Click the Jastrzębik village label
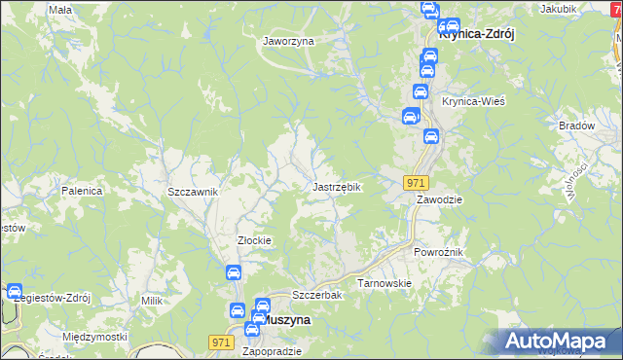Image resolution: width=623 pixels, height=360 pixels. click(x=337, y=186)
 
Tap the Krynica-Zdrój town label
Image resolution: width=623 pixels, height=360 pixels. click(x=477, y=32)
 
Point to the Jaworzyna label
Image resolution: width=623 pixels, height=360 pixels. click(x=288, y=42)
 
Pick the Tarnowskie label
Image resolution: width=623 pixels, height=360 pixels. click(x=385, y=283)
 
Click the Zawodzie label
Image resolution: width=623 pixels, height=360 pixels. click(x=439, y=199)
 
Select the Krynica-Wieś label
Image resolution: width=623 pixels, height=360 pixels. click(x=473, y=102)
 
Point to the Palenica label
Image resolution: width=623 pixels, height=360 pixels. click(x=82, y=191)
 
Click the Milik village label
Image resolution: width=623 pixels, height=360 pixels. click(x=151, y=302)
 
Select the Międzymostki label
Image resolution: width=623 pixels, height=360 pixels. click(x=94, y=337)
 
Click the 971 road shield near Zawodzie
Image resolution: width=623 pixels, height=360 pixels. click(x=417, y=183)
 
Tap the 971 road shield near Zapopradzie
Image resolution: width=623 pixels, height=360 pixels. click(x=221, y=342)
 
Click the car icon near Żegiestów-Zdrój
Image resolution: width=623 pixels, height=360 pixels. click(x=15, y=291)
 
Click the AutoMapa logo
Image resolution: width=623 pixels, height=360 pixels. click(x=559, y=342)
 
